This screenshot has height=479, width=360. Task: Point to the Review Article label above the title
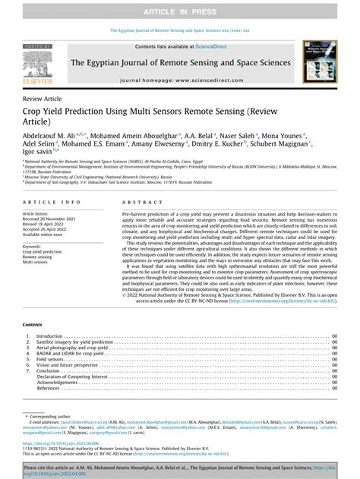43,99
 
